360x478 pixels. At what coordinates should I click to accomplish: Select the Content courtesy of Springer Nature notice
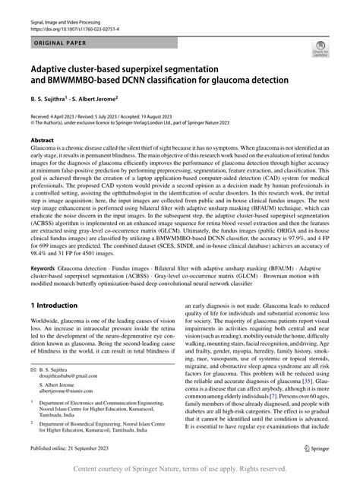click(x=180, y=470)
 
